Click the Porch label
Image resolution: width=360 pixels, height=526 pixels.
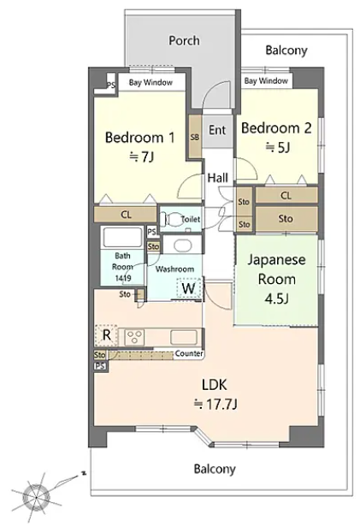coord(184,41)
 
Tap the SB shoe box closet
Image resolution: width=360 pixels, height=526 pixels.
coord(195,137)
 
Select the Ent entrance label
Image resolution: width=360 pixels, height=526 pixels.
coord(217,130)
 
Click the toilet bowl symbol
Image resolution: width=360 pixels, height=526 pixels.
coord(171,220)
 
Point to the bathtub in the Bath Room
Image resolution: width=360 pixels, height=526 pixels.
coord(123,237)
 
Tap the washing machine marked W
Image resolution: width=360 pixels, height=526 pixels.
coord(188,288)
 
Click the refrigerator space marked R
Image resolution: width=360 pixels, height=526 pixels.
coord(106,335)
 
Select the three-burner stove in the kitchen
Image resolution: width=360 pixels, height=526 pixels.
coord(134,337)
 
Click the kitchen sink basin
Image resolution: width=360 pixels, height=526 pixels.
coord(184,337)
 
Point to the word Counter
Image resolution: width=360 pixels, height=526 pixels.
coord(189,353)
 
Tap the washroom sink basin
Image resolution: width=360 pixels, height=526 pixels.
coord(182,245)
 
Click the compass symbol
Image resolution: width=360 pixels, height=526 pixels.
coord(37,496)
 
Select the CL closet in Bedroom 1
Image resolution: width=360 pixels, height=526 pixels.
coord(126,215)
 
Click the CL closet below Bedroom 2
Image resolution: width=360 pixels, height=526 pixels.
coord(286,195)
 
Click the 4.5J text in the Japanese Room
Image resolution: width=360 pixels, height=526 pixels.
coord(276,298)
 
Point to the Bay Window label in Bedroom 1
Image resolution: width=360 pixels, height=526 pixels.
coord(150,82)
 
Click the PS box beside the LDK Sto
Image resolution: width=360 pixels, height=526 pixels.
coord(100,365)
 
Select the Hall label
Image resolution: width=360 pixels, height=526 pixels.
coord(218,177)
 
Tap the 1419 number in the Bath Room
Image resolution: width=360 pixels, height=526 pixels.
coord(123,278)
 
